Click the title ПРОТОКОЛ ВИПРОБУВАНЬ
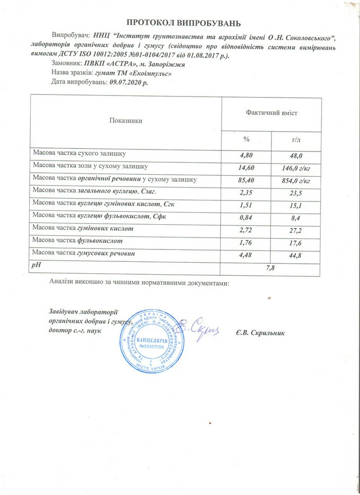tap(183, 23)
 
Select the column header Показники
tap(126, 120)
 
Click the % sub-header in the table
tap(246, 139)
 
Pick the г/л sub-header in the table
tap(297, 139)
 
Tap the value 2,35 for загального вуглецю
tap(246, 192)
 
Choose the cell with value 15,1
tap(297, 204)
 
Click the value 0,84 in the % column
tap(246, 216)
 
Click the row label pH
tap(36, 266)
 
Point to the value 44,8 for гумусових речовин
tap(297, 254)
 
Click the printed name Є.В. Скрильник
tap(261, 331)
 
